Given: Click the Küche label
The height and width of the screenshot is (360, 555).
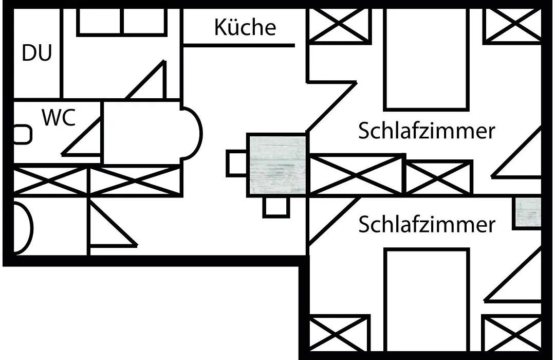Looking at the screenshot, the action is pos(245,27).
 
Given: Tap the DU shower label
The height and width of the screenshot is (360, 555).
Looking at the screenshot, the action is pos(37,53).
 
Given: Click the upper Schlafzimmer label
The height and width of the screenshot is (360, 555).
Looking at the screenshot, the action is pos(427,131).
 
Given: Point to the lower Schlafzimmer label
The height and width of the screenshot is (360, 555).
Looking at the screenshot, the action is pos(427,224).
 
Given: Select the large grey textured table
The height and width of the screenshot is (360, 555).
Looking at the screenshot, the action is pos(276,165).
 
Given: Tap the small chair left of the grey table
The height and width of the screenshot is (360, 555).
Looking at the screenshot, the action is pos(236,164).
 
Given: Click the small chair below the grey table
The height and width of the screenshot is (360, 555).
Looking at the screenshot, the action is pos(276,207).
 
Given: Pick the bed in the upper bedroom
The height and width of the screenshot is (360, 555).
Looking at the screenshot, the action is pos(427,59).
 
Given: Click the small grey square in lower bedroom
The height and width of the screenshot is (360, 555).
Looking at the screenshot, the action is pos(527,213).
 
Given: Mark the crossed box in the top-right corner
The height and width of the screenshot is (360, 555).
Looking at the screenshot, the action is pos(513,25).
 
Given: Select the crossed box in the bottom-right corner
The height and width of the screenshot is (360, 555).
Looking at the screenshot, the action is pos(512,333).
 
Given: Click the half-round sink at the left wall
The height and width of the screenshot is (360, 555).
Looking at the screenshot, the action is pos(23,228).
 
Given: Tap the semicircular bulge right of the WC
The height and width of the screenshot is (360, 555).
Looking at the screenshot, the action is pos(192,134).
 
